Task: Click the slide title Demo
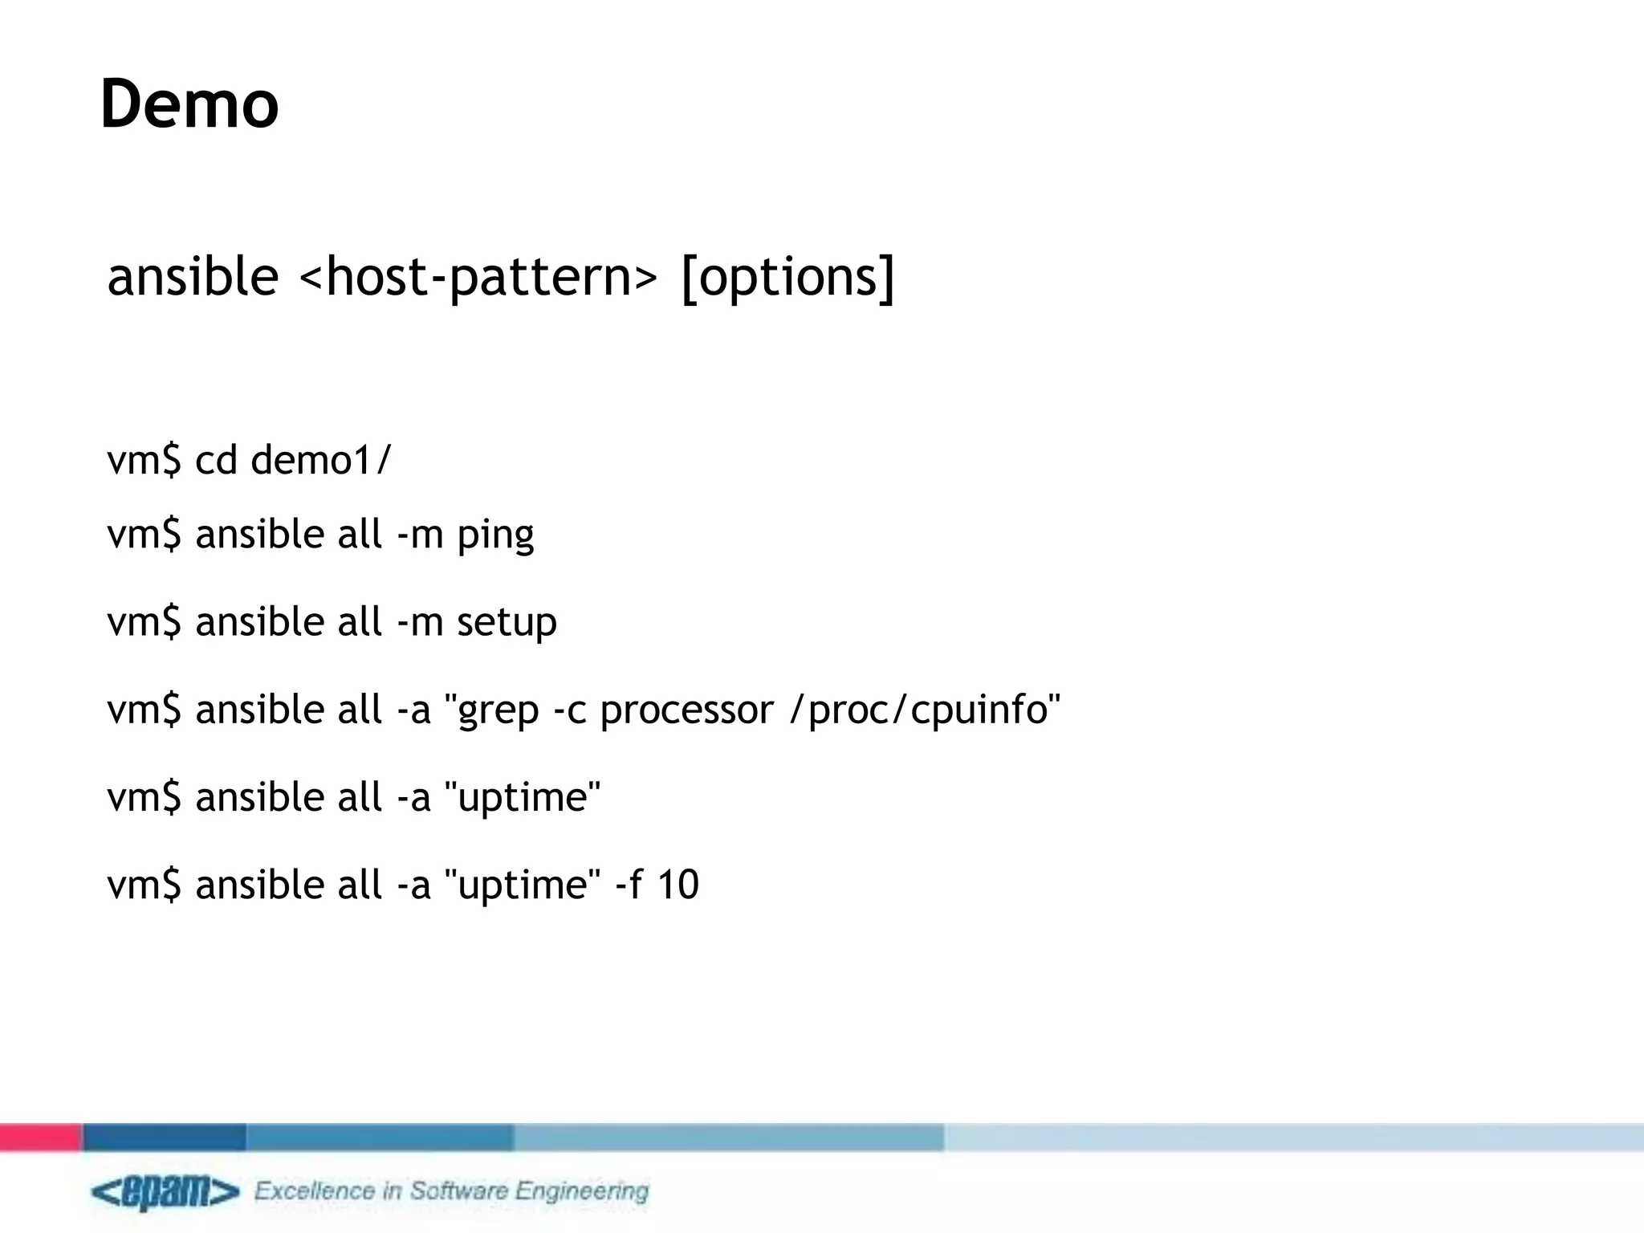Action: point(189,104)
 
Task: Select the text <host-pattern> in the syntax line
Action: point(478,277)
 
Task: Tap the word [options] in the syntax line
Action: point(787,277)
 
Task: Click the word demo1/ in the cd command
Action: point(320,461)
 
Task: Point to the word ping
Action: point(495,535)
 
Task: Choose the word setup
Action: point(507,623)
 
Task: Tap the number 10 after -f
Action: point(678,885)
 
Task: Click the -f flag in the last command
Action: point(629,885)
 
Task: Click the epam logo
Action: point(165,1192)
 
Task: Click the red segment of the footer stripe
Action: point(40,1137)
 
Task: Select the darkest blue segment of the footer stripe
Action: point(164,1137)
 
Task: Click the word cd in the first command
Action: point(216,461)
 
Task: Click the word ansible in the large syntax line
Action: point(193,277)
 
